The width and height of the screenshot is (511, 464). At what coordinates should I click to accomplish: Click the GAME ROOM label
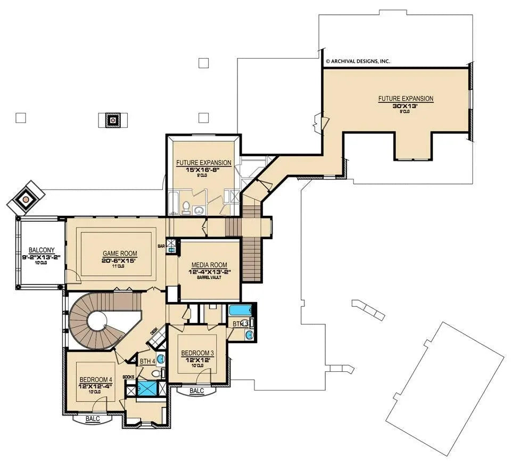120,254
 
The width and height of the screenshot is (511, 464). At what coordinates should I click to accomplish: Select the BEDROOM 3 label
197,353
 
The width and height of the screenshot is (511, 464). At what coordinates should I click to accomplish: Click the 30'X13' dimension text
406,105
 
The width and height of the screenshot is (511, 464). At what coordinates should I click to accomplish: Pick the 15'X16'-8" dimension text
204,169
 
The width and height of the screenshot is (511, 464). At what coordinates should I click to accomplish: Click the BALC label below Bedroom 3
197,391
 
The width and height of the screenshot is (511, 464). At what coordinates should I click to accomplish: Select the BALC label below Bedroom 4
92,419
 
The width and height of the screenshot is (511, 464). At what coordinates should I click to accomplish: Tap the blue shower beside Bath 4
145,387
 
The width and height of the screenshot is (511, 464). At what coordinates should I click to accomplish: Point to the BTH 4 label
147,361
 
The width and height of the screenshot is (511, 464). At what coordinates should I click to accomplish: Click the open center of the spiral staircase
99,322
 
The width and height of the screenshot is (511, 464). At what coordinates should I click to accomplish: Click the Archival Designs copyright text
357,61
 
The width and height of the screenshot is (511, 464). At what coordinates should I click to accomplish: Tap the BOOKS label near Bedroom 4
128,377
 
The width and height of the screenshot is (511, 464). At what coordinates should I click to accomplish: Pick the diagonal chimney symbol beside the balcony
24,200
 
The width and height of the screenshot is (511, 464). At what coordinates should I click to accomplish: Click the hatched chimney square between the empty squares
113,120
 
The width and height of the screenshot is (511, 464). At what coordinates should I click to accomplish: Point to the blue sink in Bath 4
161,358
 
